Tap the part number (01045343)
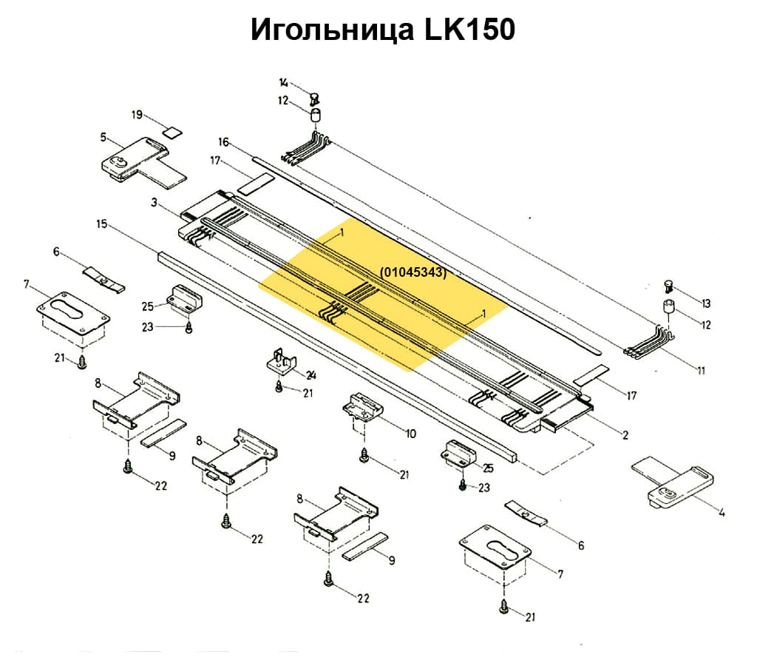pos(413,272)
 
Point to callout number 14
pos(284,83)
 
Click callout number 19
pos(137,115)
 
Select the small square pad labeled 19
pos(172,132)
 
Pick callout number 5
pos(103,137)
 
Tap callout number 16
pos(224,141)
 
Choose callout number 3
pos(154,202)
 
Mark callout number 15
pos(102,223)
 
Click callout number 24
pos(311,374)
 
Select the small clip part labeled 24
pos(282,364)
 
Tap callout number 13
pos(705,303)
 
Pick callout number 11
pos(700,370)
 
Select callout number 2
pos(625,435)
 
